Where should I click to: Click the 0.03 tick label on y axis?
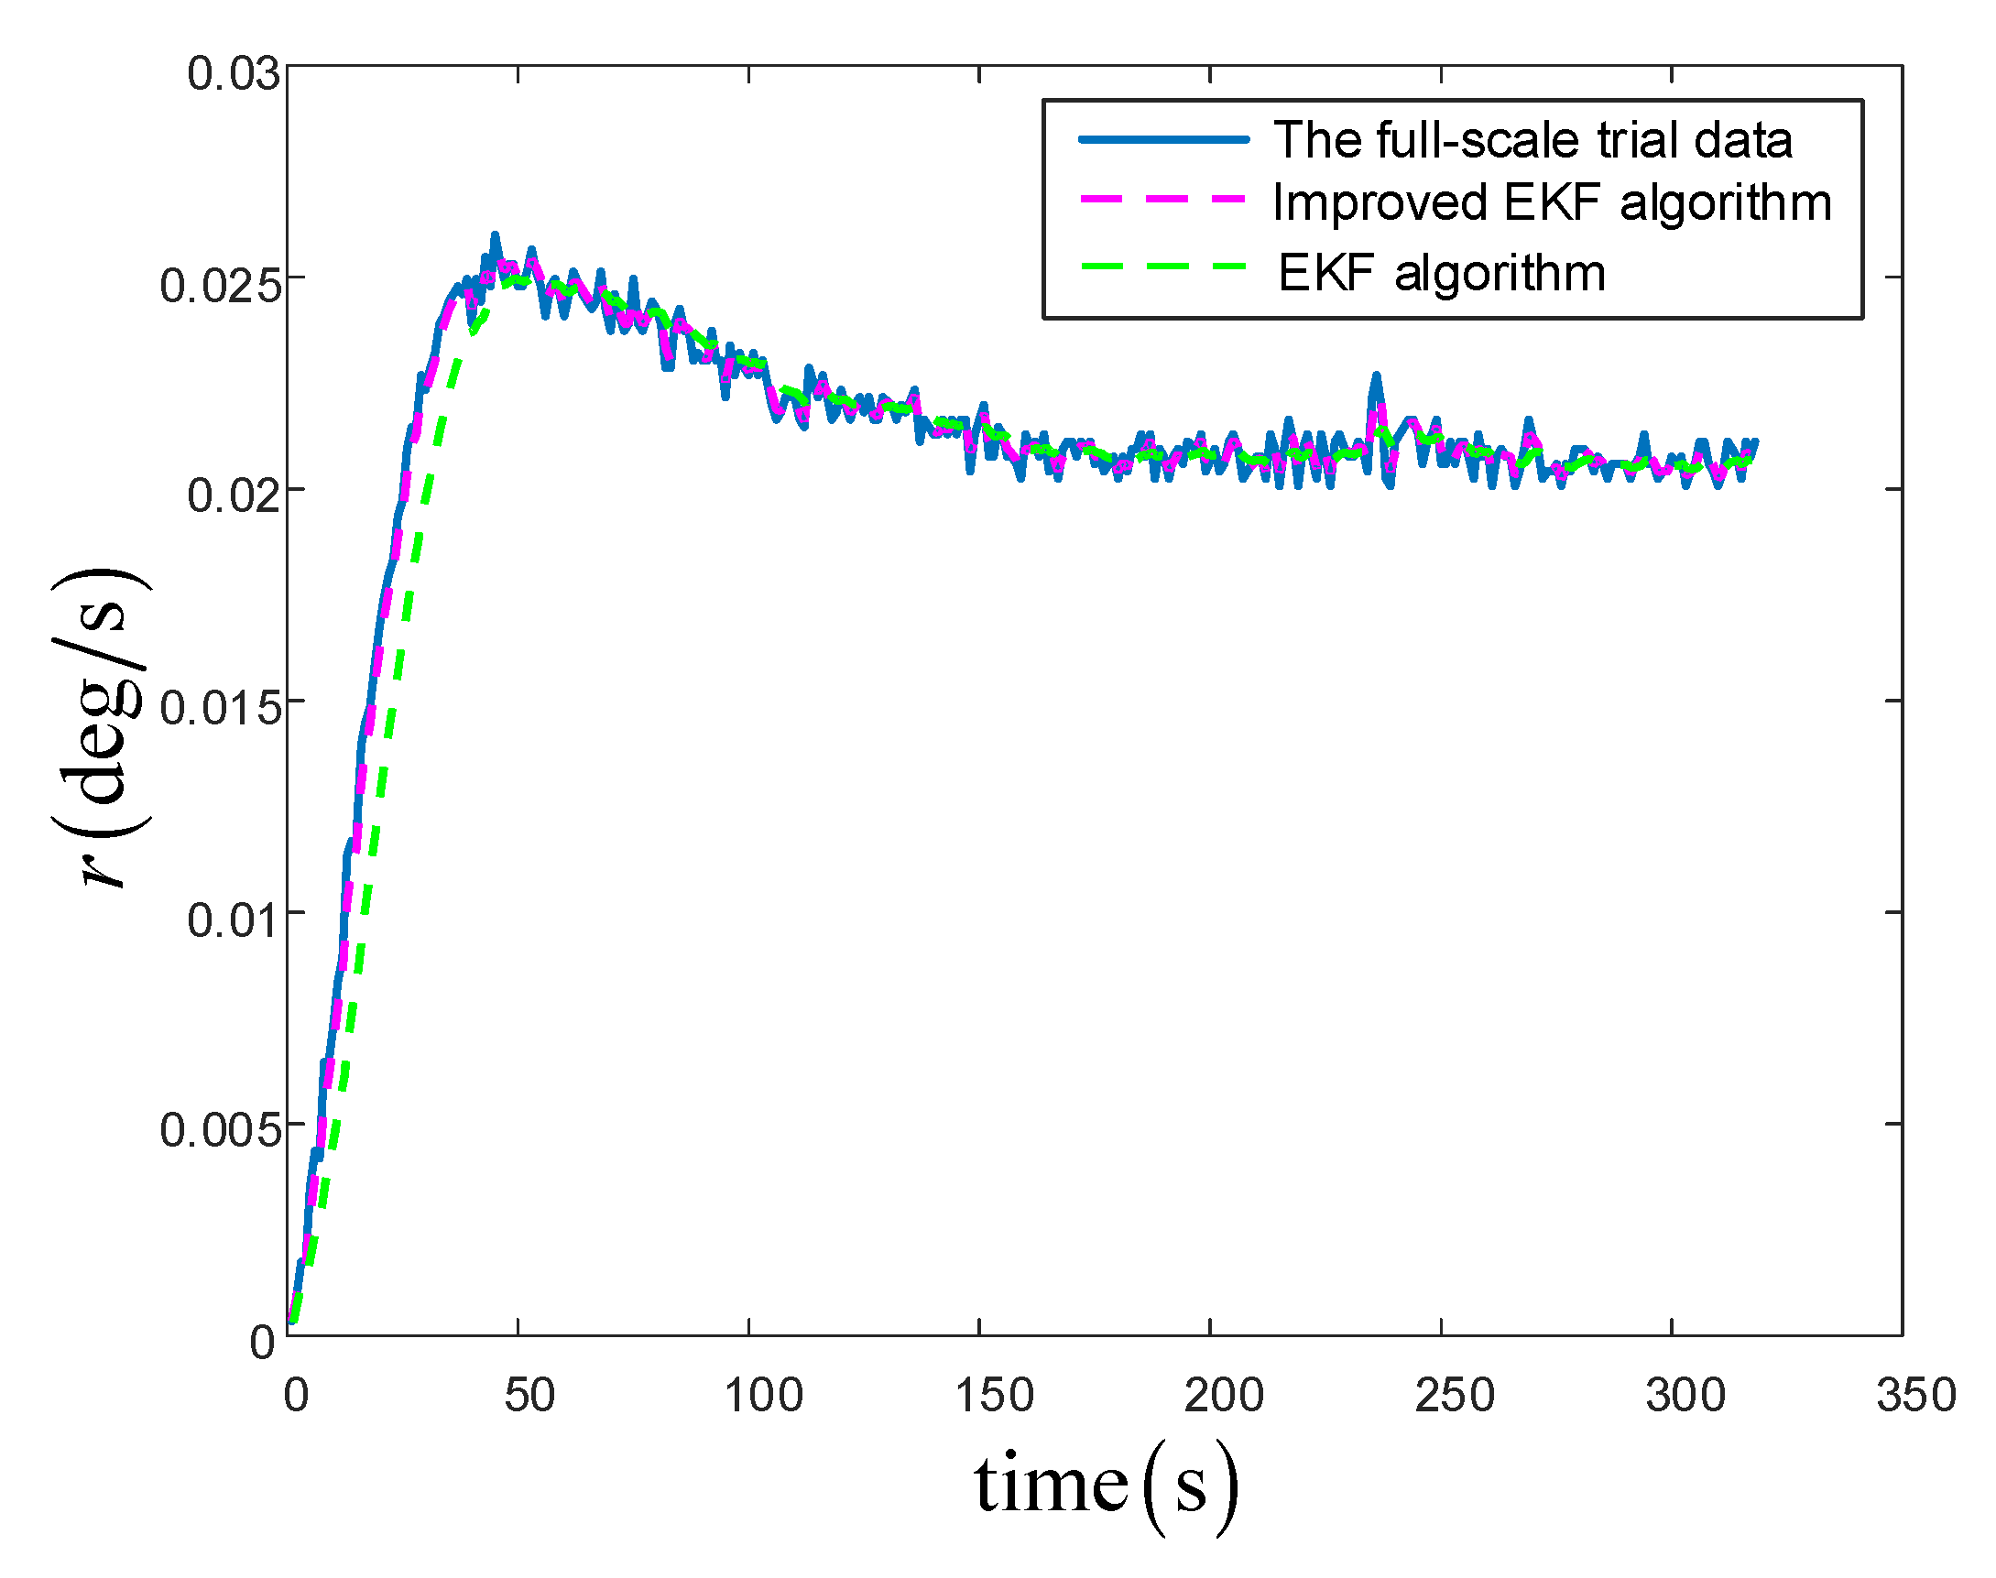pyautogui.click(x=233, y=74)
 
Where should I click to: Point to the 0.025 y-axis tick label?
pyautogui.click(x=220, y=286)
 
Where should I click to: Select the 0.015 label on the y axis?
pyautogui.click(x=220, y=709)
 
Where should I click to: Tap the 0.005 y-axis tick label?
pyautogui.click(x=220, y=1130)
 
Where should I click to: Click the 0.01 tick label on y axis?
pyautogui.click(x=233, y=920)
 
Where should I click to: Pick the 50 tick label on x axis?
pyautogui.click(x=529, y=1395)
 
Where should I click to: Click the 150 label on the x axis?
pyautogui.click(x=993, y=1395)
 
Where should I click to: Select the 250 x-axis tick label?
pyautogui.click(x=1455, y=1395)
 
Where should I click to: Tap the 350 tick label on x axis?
pyautogui.click(x=1916, y=1395)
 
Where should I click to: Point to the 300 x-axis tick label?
pyautogui.click(x=1685, y=1395)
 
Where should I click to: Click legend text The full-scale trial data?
pyautogui.click(x=1533, y=140)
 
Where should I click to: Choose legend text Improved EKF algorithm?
pyautogui.click(x=1552, y=202)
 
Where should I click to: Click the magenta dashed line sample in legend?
pyautogui.click(x=1163, y=199)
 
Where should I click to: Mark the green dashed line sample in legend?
pyautogui.click(x=1163, y=267)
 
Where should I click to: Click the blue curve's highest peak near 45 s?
pyautogui.click(x=495, y=236)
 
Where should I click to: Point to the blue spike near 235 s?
pyautogui.click(x=1375, y=377)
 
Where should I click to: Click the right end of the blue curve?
pyautogui.click(x=1755, y=442)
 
